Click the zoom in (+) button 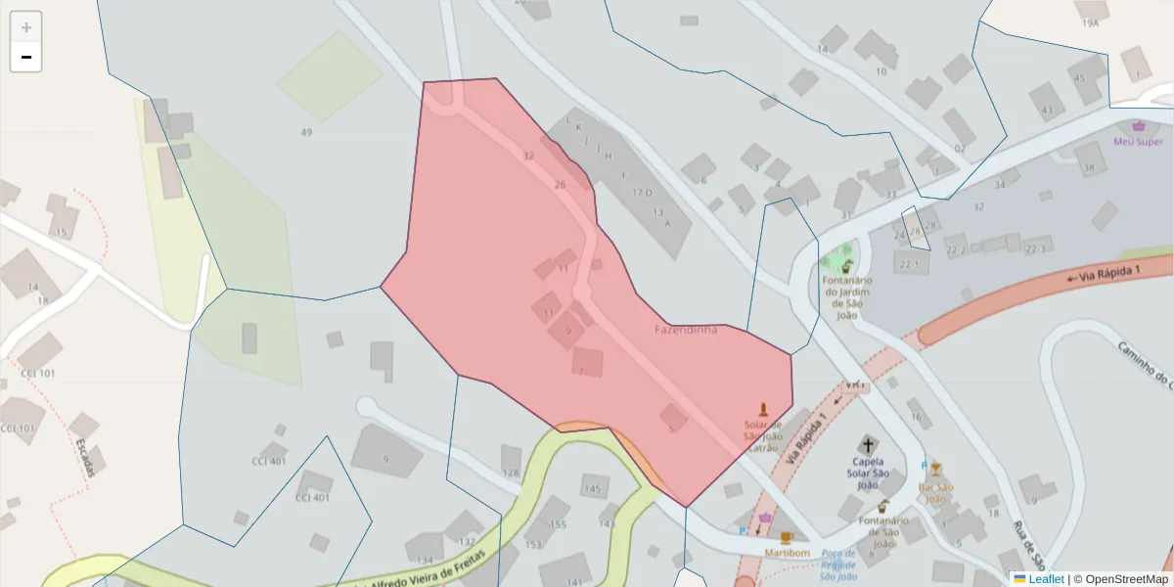coord(26,27)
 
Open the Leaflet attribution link coord(1045,579)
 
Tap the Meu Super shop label coord(1138,141)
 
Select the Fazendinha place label coord(685,330)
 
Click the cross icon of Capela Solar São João coord(866,444)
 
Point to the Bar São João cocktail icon coord(935,469)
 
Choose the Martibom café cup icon coord(786,537)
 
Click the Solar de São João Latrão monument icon coord(763,409)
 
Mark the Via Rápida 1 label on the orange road coord(1106,273)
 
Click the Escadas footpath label coord(85,457)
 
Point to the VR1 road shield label coord(855,385)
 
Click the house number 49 coord(306,132)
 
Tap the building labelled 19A coord(1090,22)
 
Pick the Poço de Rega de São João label coord(838,564)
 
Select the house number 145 coord(592,488)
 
